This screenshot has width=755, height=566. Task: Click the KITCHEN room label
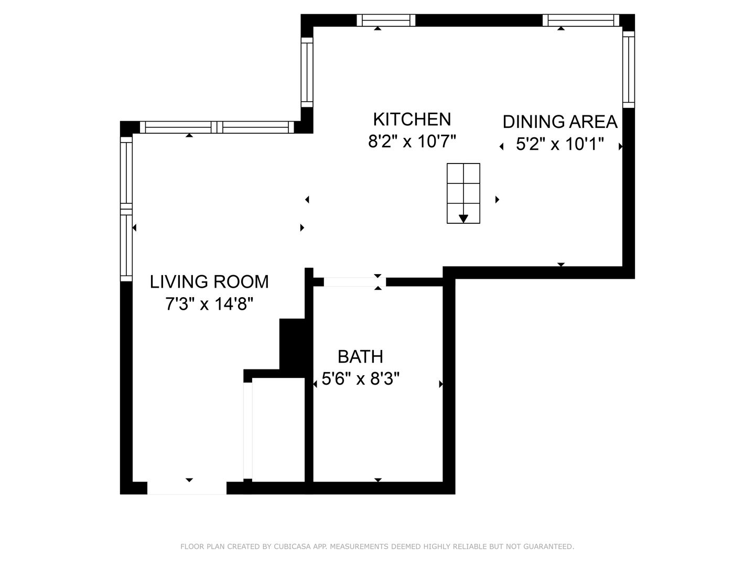coord(412,119)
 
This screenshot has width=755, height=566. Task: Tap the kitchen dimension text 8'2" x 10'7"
coord(412,141)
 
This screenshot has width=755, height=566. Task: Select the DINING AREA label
coord(560,122)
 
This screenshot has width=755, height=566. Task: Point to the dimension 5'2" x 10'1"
coord(560,144)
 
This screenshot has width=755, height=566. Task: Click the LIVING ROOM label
coord(209,282)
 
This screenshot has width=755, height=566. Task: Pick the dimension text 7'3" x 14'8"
coord(210,304)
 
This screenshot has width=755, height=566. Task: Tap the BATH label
coord(360,357)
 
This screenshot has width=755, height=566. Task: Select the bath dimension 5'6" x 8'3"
coord(361,379)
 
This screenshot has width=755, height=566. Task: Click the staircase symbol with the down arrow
coord(463,193)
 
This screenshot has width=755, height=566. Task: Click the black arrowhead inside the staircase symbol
coord(463,219)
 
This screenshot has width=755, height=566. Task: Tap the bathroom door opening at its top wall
coord(354,282)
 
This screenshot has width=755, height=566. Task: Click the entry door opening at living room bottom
coord(187,488)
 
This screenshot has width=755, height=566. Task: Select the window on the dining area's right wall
coord(629,69)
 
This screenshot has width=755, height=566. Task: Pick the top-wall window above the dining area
coord(580,20)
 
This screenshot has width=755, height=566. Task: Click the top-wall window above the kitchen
coord(386,20)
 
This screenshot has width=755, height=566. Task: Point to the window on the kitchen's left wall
coord(307,72)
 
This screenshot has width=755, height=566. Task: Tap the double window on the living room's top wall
coord(217,127)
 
